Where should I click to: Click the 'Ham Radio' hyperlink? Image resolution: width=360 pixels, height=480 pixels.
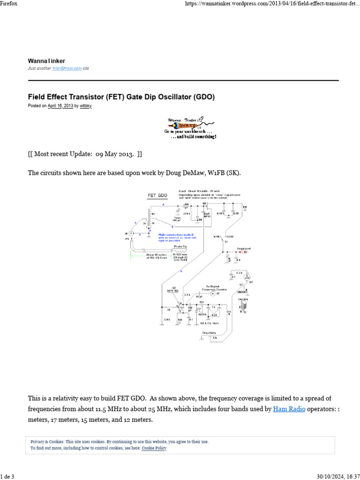click(x=290, y=409)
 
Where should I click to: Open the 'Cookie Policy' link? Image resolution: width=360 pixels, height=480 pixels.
click(x=154, y=448)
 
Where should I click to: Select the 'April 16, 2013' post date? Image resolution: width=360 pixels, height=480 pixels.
click(x=60, y=106)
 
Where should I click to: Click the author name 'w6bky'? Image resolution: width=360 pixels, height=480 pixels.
click(x=86, y=106)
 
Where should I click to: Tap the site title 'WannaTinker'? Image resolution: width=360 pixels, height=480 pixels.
click(x=46, y=61)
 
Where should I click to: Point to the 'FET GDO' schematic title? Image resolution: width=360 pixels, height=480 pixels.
click(x=157, y=195)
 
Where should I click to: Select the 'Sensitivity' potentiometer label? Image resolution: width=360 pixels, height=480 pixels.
click(x=210, y=332)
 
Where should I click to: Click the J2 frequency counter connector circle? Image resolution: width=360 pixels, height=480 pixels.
click(x=213, y=293)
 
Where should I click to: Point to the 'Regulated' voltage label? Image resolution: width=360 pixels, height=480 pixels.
click(x=243, y=248)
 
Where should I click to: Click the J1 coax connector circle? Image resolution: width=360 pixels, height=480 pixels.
click(x=132, y=233)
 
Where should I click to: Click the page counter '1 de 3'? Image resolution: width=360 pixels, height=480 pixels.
click(x=7, y=477)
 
